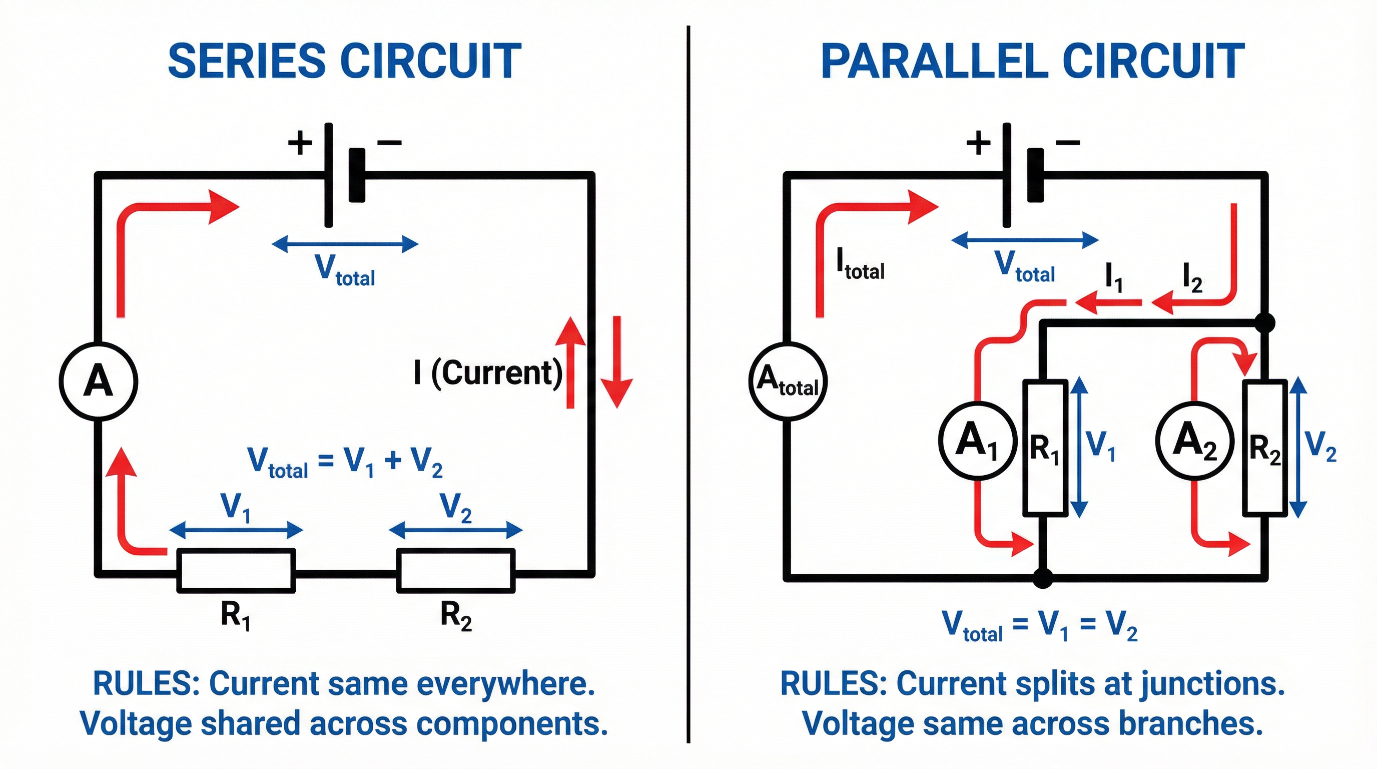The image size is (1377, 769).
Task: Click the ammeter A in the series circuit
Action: (x=99, y=381)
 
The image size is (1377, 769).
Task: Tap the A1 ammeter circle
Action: (x=977, y=440)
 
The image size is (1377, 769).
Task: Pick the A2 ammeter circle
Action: (x=1195, y=440)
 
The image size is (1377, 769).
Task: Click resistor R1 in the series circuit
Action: (x=236, y=571)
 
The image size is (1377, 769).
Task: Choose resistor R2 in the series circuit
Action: (x=455, y=571)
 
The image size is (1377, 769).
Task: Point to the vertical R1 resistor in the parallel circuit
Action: (x=1045, y=448)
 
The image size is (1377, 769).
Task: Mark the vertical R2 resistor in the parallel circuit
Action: (x=1264, y=448)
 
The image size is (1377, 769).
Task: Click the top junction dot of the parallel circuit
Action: (x=1264, y=322)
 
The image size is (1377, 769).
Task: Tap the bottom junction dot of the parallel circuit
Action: (x=1042, y=578)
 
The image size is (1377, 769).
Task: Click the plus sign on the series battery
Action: (x=300, y=143)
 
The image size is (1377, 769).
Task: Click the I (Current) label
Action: (x=487, y=373)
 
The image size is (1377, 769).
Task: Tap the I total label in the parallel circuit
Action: (x=860, y=265)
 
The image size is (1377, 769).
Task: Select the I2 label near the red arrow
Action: (x=1192, y=279)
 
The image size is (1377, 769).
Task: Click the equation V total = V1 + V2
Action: (x=345, y=462)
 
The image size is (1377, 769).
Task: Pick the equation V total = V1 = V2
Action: (x=1039, y=625)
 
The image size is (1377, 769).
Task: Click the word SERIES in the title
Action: (x=246, y=61)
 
